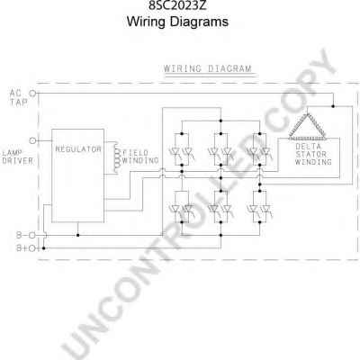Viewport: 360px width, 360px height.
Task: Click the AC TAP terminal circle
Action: coord(32,94)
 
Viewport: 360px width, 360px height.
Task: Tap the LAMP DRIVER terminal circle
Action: coord(32,140)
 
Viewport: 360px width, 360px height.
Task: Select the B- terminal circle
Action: coord(32,235)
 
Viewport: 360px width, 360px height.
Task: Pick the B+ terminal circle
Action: coord(32,248)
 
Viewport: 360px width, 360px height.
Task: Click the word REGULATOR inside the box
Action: coord(78,149)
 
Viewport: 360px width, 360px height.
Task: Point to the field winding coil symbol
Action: coord(116,157)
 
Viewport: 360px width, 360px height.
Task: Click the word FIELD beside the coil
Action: coord(135,153)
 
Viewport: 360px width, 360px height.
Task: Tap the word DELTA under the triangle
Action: coord(308,147)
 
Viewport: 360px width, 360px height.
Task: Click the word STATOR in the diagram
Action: coord(311,154)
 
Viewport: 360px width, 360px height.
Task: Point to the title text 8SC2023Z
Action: coord(177,5)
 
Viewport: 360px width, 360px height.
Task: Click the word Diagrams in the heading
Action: coord(199,22)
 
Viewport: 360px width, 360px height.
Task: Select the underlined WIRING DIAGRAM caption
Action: coord(208,68)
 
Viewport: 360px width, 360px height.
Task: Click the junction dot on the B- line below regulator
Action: coord(78,235)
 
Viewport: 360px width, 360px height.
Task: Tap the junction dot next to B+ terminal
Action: coord(44,248)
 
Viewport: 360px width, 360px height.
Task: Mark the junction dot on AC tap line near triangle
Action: coord(333,106)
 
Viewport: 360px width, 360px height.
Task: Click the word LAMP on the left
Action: coord(12,153)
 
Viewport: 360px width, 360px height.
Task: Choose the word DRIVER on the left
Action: coord(17,161)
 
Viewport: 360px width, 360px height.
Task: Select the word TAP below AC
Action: coord(19,103)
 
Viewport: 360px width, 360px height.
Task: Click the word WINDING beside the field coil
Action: coord(140,160)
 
